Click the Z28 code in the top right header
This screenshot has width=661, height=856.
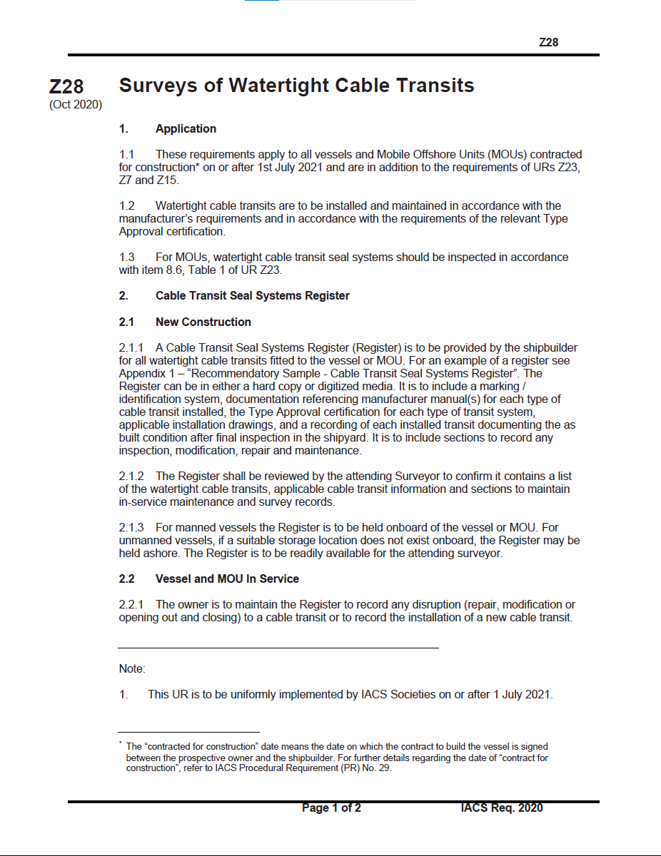(548, 42)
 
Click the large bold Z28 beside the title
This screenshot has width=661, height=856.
(66, 87)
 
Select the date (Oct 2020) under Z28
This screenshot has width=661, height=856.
(76, 105)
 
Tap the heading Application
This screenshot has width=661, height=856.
(186, 129)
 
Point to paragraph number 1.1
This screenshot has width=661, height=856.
(127, 154)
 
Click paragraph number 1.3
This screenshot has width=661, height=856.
(127, 257)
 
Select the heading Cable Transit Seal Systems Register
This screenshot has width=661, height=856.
(253, 296)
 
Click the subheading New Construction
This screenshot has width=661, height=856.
(203, 322)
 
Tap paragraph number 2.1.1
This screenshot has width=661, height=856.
(131, 348)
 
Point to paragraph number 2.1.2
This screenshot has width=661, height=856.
(131, 477)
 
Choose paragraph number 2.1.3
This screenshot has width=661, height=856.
(131, 528)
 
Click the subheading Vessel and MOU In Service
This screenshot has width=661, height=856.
(227, 579)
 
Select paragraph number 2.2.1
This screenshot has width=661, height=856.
(131, 605)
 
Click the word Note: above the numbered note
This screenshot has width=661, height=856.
(132, 669)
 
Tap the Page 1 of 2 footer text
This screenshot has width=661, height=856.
(331, 808)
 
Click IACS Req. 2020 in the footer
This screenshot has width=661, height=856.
(502, 808)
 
